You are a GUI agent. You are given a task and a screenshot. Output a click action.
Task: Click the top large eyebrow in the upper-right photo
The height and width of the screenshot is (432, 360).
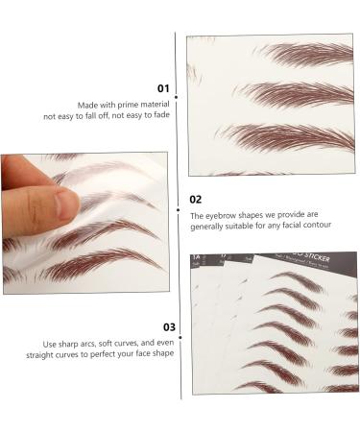[x=302, y=54]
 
